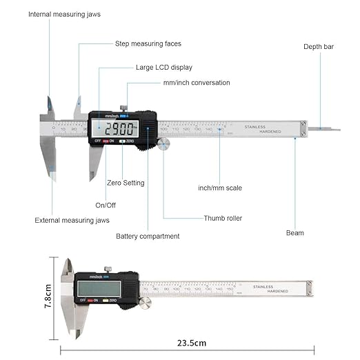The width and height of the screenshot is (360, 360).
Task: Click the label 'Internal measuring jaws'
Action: (66, 14)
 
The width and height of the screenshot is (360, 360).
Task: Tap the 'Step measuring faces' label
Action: (148, 43)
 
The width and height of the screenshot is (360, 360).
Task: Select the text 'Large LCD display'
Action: (163, 68)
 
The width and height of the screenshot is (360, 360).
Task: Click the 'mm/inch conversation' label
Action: (197, 83)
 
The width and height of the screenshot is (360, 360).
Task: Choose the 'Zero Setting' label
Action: (126, 183)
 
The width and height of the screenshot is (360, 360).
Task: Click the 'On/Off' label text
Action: (106, 205)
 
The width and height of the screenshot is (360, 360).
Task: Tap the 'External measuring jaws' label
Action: (72, 221)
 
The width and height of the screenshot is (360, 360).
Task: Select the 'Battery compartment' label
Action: (148, 236)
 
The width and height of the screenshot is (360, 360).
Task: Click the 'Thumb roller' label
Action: (223, 218)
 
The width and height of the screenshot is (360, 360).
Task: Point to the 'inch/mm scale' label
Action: (220, 188)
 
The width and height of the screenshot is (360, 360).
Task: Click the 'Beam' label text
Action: (294, 233)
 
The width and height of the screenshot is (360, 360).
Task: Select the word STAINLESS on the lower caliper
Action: (263, 286)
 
